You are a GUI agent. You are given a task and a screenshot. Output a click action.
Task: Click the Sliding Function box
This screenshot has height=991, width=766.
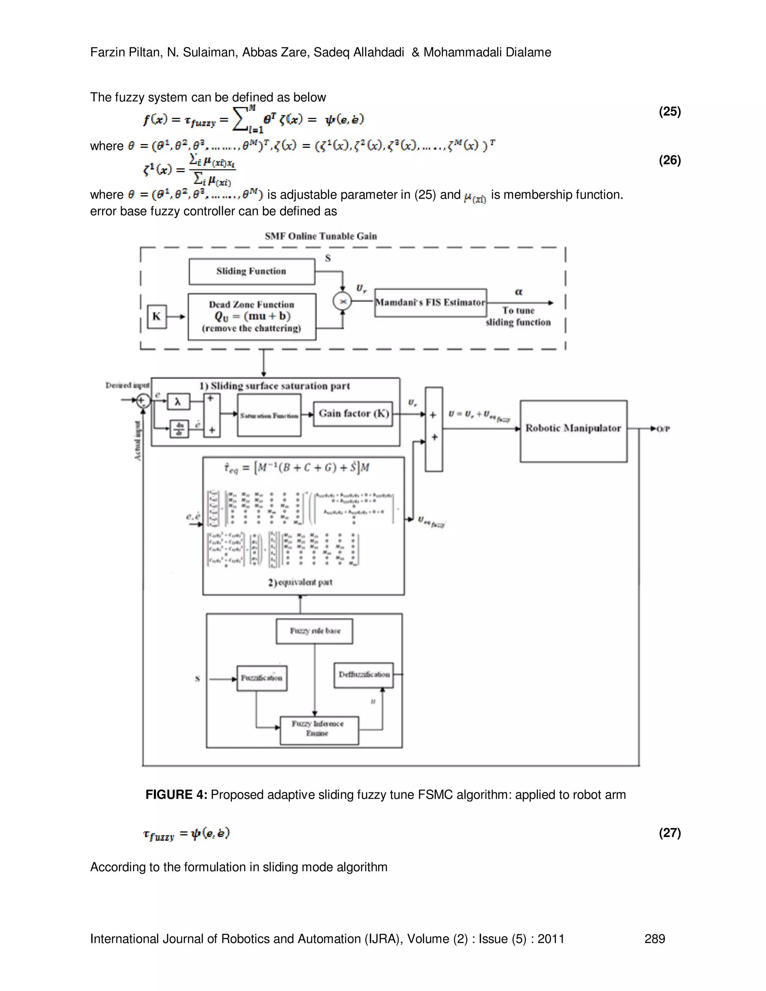tap(252, 271)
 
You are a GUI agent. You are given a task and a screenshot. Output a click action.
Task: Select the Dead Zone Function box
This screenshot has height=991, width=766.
tap(252, 317)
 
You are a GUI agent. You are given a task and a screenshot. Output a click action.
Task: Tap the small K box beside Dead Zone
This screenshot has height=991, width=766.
tap(157, 316)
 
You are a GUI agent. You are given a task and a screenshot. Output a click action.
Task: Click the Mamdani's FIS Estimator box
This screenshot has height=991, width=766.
tap(430, 303)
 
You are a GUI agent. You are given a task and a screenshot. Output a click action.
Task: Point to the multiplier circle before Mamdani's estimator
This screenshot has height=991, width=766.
tap(343, 301)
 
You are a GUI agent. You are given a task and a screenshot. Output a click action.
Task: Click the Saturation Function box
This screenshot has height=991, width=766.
tap(269, 415)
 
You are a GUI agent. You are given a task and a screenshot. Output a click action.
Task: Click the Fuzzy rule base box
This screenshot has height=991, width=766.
tap(315, 631)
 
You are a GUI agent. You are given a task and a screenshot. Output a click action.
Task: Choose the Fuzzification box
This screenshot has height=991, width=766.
tap(262, 678)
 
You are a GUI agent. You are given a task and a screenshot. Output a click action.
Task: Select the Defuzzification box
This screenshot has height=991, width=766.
tap(364, 675)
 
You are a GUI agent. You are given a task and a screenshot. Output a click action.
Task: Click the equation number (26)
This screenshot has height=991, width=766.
tap(670, 160)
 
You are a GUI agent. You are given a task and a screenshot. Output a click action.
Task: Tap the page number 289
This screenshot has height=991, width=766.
tap(655, 938)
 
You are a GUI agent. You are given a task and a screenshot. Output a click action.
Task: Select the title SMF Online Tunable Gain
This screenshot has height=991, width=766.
tap(321, 236)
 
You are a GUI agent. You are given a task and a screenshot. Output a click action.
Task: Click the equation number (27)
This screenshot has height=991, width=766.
tap(670, 833)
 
